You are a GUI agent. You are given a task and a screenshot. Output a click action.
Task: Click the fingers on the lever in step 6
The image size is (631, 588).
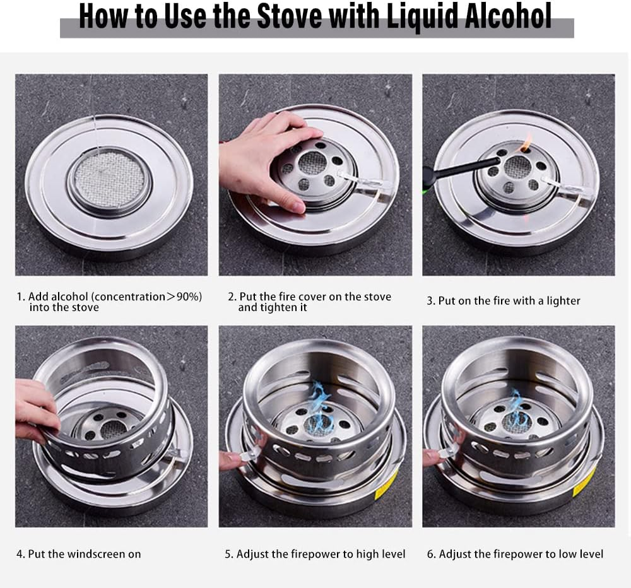[434, 456]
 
